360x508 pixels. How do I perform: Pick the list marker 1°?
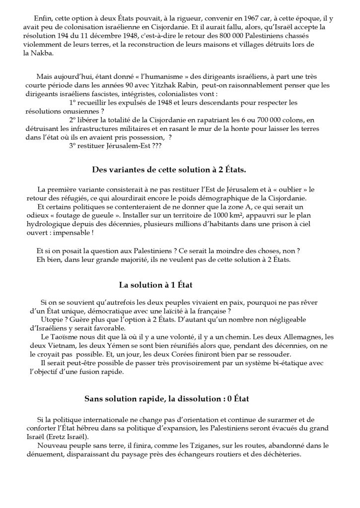72,103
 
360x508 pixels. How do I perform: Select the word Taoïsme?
68,337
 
